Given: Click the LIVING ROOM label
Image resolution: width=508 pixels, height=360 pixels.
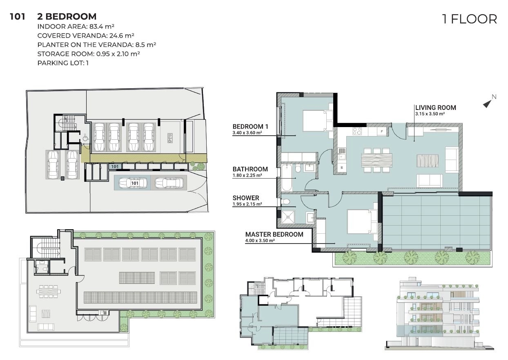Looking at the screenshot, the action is click(435, 107).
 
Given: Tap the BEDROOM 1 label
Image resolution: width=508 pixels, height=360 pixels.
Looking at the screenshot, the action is click(250, 126).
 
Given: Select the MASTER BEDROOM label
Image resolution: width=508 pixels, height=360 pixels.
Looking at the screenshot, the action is click(274, 234).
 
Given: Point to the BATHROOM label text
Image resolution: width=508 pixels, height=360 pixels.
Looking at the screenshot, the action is click(250, 169).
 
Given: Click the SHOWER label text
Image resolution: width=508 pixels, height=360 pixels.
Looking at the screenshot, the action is click(246, 198).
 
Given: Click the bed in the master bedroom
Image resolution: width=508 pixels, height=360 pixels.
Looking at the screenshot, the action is click(362, 221).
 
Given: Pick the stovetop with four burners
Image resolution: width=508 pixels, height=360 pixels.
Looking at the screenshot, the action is click(357, 131).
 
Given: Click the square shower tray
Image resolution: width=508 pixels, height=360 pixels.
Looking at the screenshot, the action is click(288, 217).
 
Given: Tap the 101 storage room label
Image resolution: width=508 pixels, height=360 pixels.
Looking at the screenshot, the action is click(115, 166).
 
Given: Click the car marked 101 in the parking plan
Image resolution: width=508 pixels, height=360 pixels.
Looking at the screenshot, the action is click(133, 183).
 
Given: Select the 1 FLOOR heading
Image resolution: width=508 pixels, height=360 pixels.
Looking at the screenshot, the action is click(470, 19).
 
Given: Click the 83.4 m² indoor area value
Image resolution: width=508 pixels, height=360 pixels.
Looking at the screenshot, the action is click(102, 27).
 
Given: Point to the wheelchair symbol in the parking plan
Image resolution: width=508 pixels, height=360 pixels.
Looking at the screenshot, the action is click(85, 137).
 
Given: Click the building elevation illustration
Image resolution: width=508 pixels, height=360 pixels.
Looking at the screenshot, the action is click(439, 313).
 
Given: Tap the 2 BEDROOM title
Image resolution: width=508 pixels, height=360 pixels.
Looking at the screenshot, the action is click(67, 17).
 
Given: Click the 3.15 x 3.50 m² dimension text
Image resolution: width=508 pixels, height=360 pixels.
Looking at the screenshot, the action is click(430, 114).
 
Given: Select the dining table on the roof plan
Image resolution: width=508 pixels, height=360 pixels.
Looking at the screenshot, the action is click(49, 291).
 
